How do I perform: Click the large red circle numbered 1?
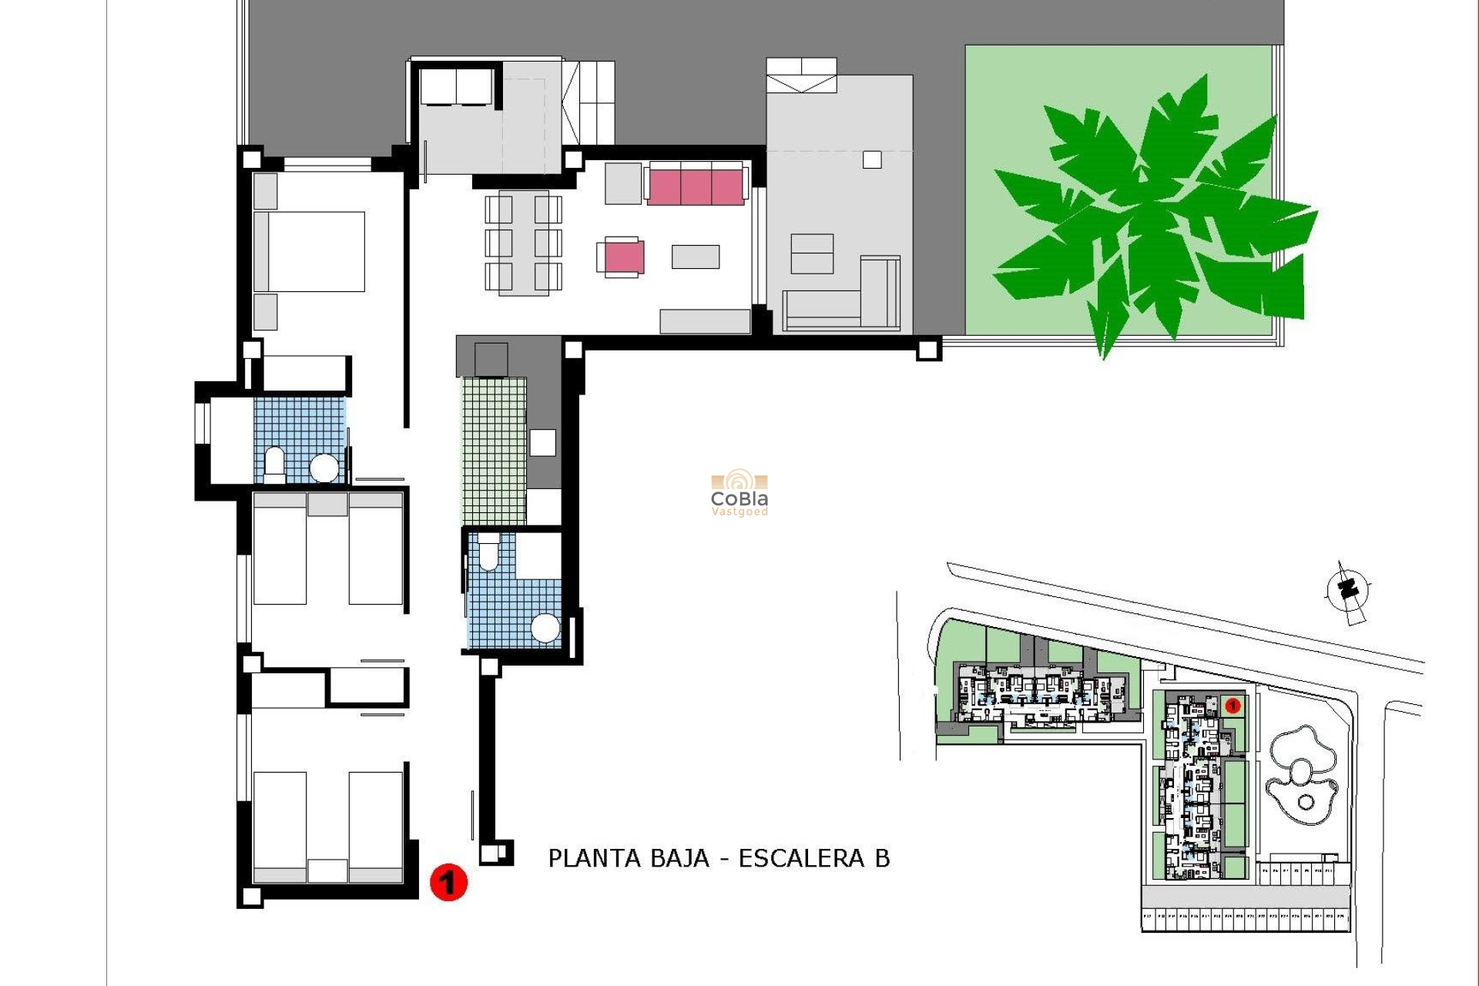(x=448, y=882)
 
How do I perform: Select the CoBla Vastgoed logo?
(x=739, y=492)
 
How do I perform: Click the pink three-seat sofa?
(x=696, y=185)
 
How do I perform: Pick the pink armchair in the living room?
(x=622, y=257)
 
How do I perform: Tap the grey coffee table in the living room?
(x=696, y=257)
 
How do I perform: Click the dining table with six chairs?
(x=523, y=243)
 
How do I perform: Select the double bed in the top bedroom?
(x=310, y=251)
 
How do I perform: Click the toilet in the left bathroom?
(x=274, y=463)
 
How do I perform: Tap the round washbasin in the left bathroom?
(x=324, y=468)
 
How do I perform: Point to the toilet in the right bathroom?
(x=489, y=554)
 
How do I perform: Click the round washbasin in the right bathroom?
(x=545, y=628)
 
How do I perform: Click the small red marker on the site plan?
(x=1232, y=705)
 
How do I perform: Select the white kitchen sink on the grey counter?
(x=542, y=442)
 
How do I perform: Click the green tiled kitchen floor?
(x=494, y=450)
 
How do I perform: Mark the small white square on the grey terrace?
(x=872, y=159)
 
